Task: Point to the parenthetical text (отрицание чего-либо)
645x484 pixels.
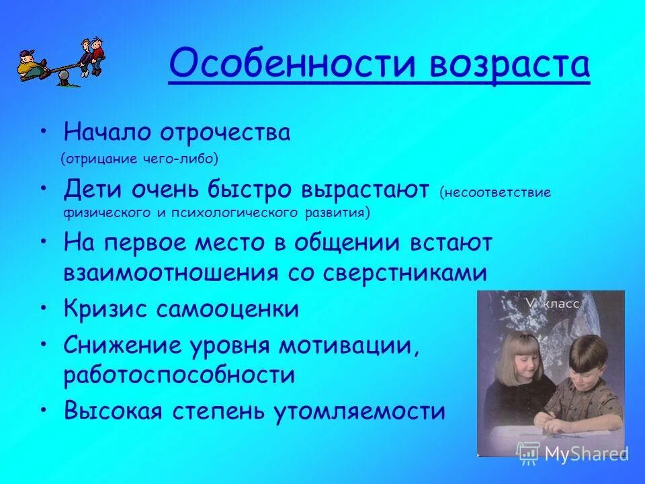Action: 140,159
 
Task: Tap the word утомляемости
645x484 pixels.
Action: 360,410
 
